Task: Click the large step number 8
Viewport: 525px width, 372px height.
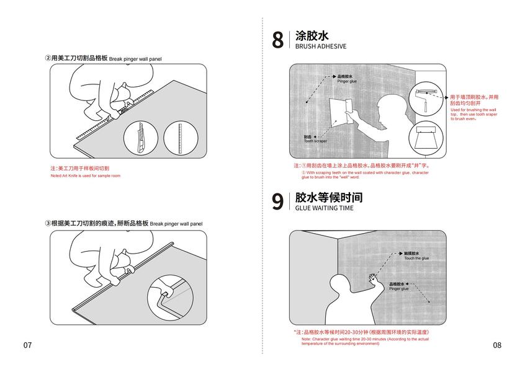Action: click(278, 40)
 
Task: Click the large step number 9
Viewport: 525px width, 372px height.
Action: click(278, 201)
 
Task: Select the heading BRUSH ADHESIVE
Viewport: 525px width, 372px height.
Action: click(320, 46)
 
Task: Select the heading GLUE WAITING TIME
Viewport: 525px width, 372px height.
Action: click(324, 208)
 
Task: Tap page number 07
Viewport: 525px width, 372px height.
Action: click(27, 345)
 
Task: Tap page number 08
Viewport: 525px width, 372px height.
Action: click(497, 345)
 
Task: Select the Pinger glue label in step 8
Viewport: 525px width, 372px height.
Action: click(347, 79)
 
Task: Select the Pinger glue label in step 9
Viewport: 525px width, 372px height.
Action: click(399, 287)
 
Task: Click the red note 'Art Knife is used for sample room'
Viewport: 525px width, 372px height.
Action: click(85, 176)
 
